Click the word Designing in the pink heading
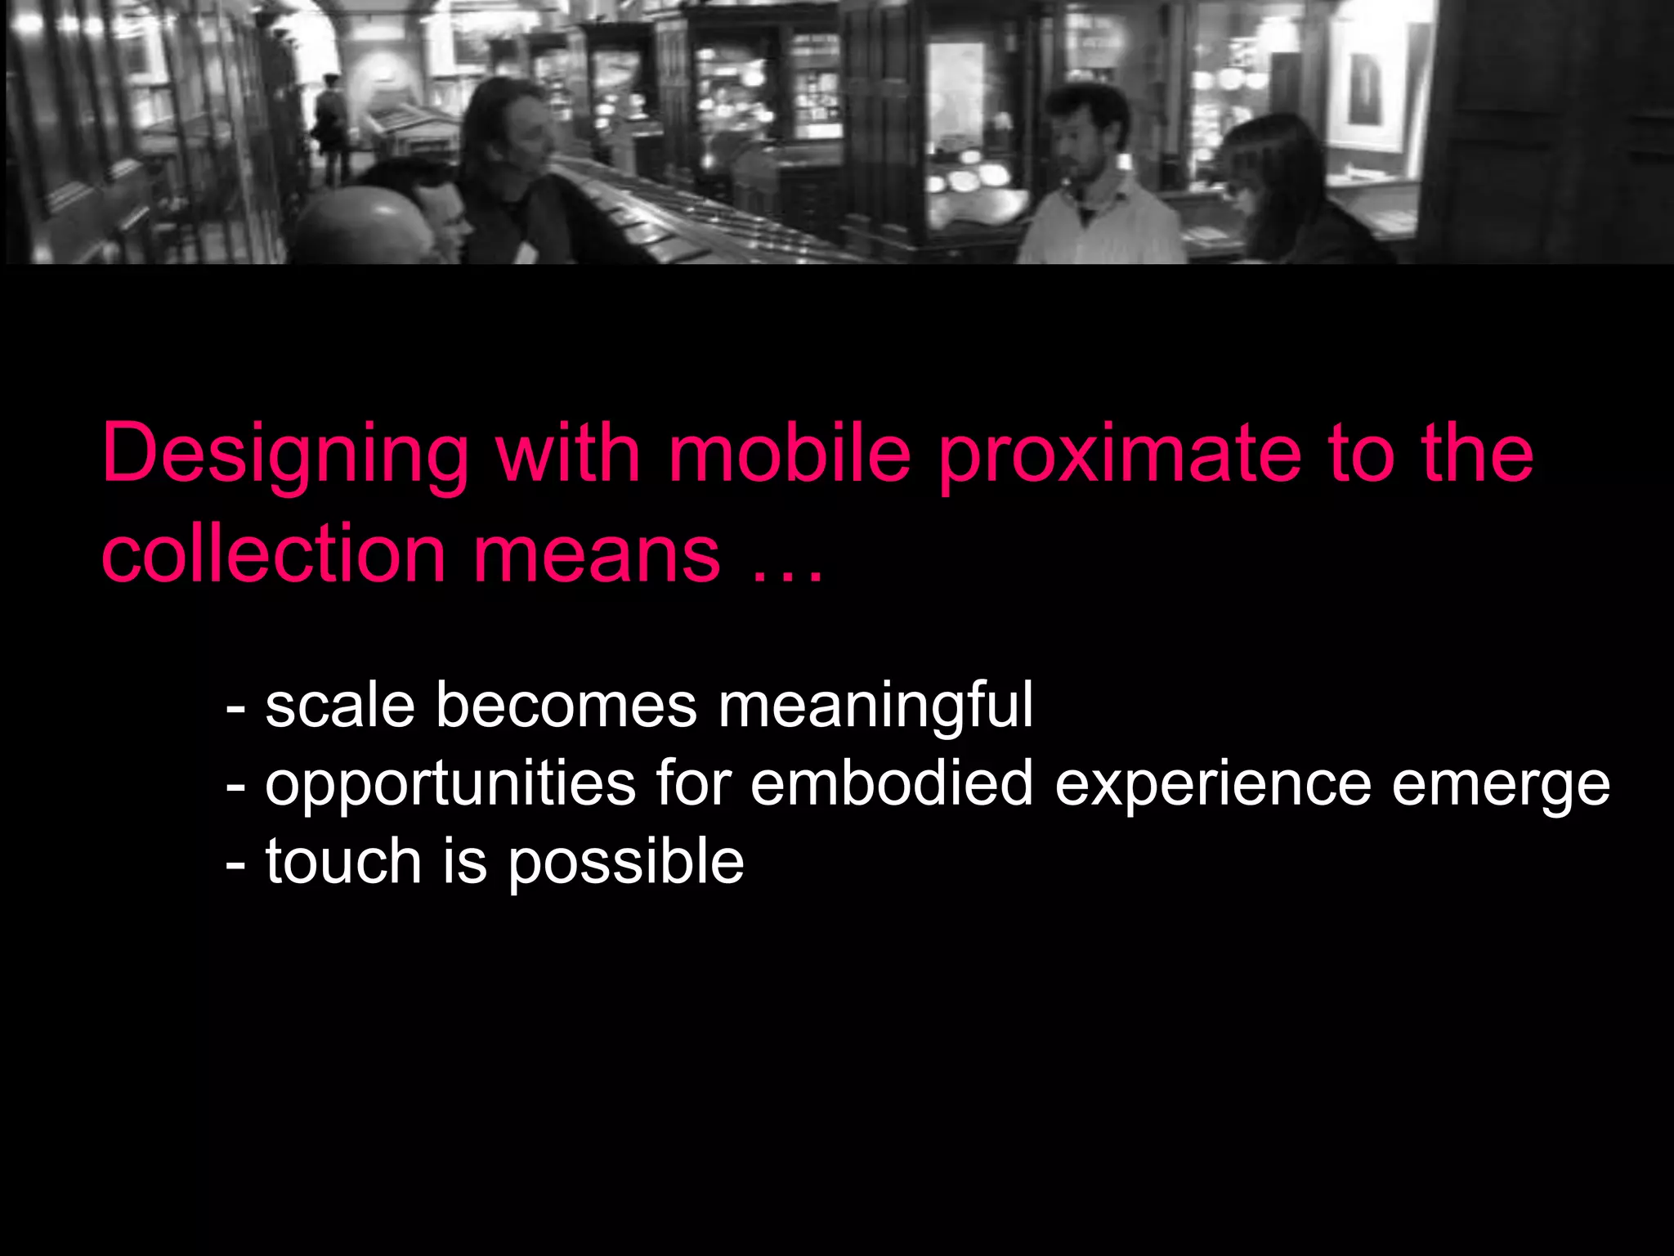[284, 455]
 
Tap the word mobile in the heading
[790, 454]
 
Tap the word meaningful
[875, 706]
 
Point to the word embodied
[892, 783]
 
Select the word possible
[626, 863]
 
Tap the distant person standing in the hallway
[332, 123]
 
